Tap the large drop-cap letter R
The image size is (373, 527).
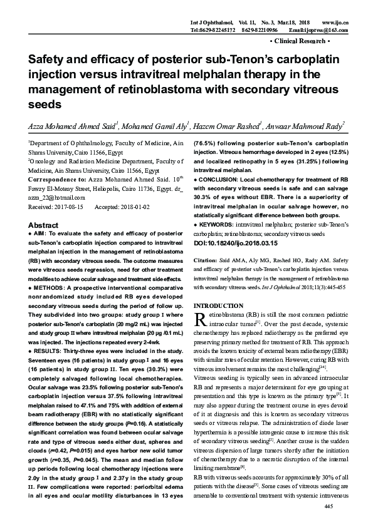coord(201,320)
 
